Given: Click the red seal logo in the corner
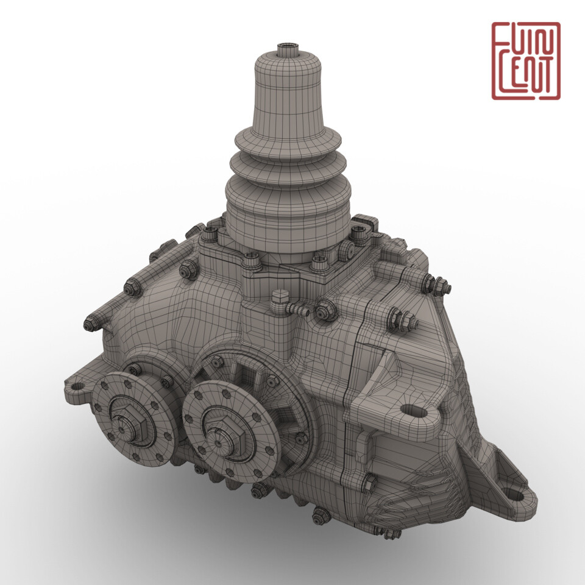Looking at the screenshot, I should pyautogui.click(x=525, y=60).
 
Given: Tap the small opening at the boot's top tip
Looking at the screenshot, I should pyautogui.click(x=286, y=47).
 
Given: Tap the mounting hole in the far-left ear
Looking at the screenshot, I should pyautogui.click(x=78, y=385).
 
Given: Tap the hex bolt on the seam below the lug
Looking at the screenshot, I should pyautogui.click(x=369, y=484).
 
